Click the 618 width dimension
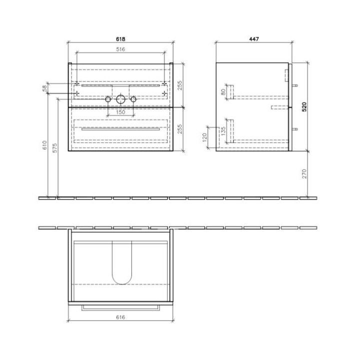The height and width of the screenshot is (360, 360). tap(121, 39)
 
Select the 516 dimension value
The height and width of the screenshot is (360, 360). tap(120, 49)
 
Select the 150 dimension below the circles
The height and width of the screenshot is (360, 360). tap(120, 112)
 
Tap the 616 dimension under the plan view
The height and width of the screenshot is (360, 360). tap(120, 317)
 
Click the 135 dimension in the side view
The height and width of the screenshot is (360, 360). tap(223, 130)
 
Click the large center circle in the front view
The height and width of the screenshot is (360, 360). tap(120, 100)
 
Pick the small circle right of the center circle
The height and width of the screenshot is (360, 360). tap(133, 100)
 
